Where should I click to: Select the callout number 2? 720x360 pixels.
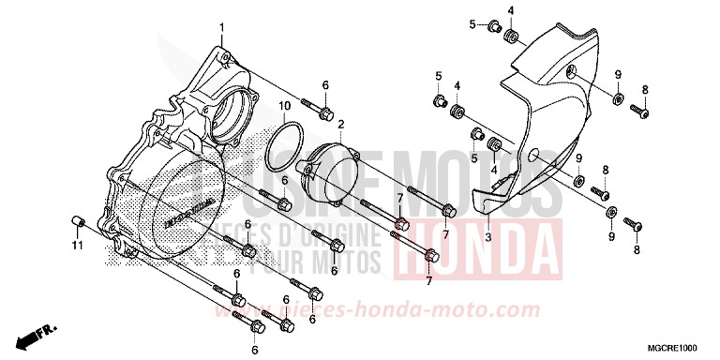[x=342, y=124]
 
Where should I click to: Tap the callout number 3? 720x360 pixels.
[x=487, y=237]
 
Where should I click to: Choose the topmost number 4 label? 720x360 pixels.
[x=510, y=10]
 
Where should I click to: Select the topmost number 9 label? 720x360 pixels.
[x=618, y=74]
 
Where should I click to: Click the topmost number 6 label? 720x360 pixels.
[x=325, y=85]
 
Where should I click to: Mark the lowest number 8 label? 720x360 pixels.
[x=637, y=250]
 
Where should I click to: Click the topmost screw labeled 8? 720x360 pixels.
[x=640, y=110]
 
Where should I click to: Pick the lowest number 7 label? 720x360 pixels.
[x=427, y=280]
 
